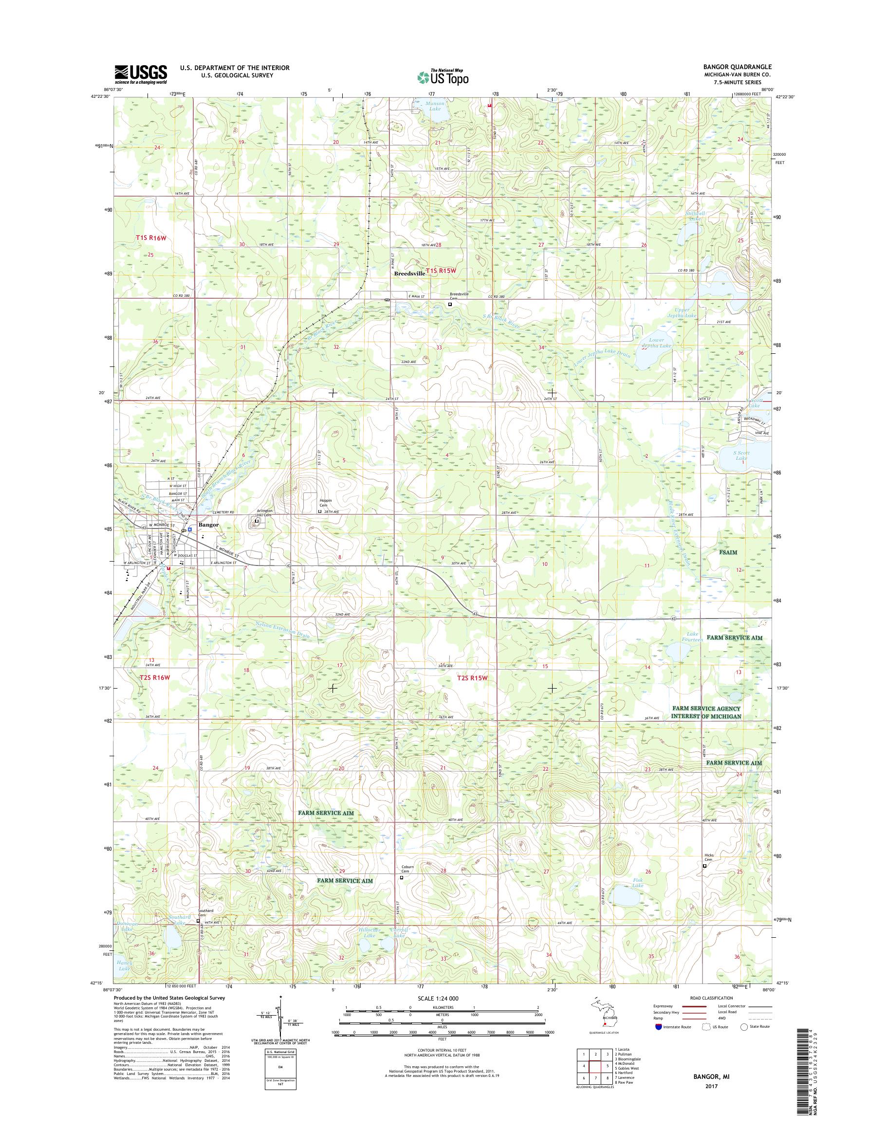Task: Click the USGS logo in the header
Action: click(141, 74)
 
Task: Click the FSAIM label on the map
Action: click(728, 552)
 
